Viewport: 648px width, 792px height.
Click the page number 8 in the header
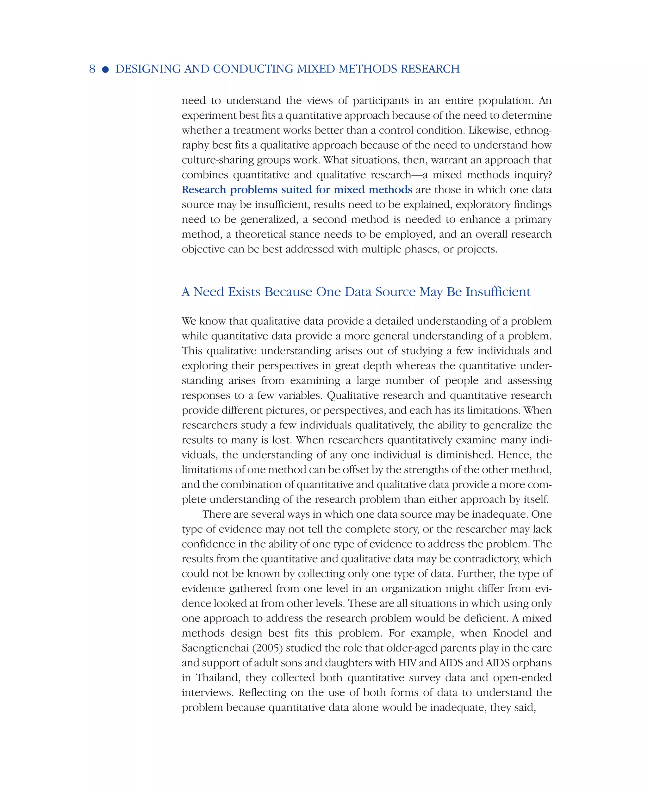pyautogui.click(x=92, y=69)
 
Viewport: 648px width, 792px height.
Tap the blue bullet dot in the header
pyautogui.click(x=105, y=69)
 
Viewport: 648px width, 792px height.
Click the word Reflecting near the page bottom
pyautogui.click(x=262, y=692)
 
